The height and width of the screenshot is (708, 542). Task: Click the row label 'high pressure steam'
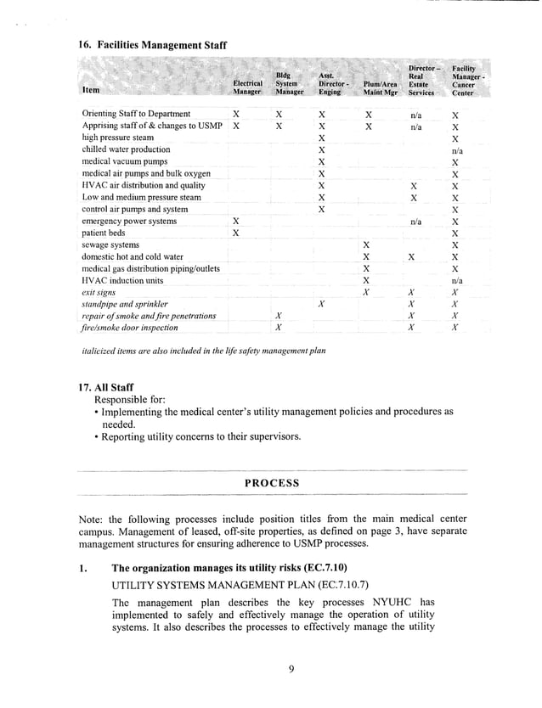point(118,137)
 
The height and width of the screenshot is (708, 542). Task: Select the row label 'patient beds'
point(104,232)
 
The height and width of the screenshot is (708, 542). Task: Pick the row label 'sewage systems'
point(110,244)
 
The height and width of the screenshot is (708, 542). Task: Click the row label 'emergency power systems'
point(129,221)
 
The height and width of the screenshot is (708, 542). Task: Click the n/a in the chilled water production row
point(456,149)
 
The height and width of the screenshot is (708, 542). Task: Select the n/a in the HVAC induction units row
point(456,279)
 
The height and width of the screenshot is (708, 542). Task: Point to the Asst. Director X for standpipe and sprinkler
point(320,303)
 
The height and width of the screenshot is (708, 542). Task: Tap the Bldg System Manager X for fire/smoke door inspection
point(279,327)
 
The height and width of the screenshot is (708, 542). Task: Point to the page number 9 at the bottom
point(290,669)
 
